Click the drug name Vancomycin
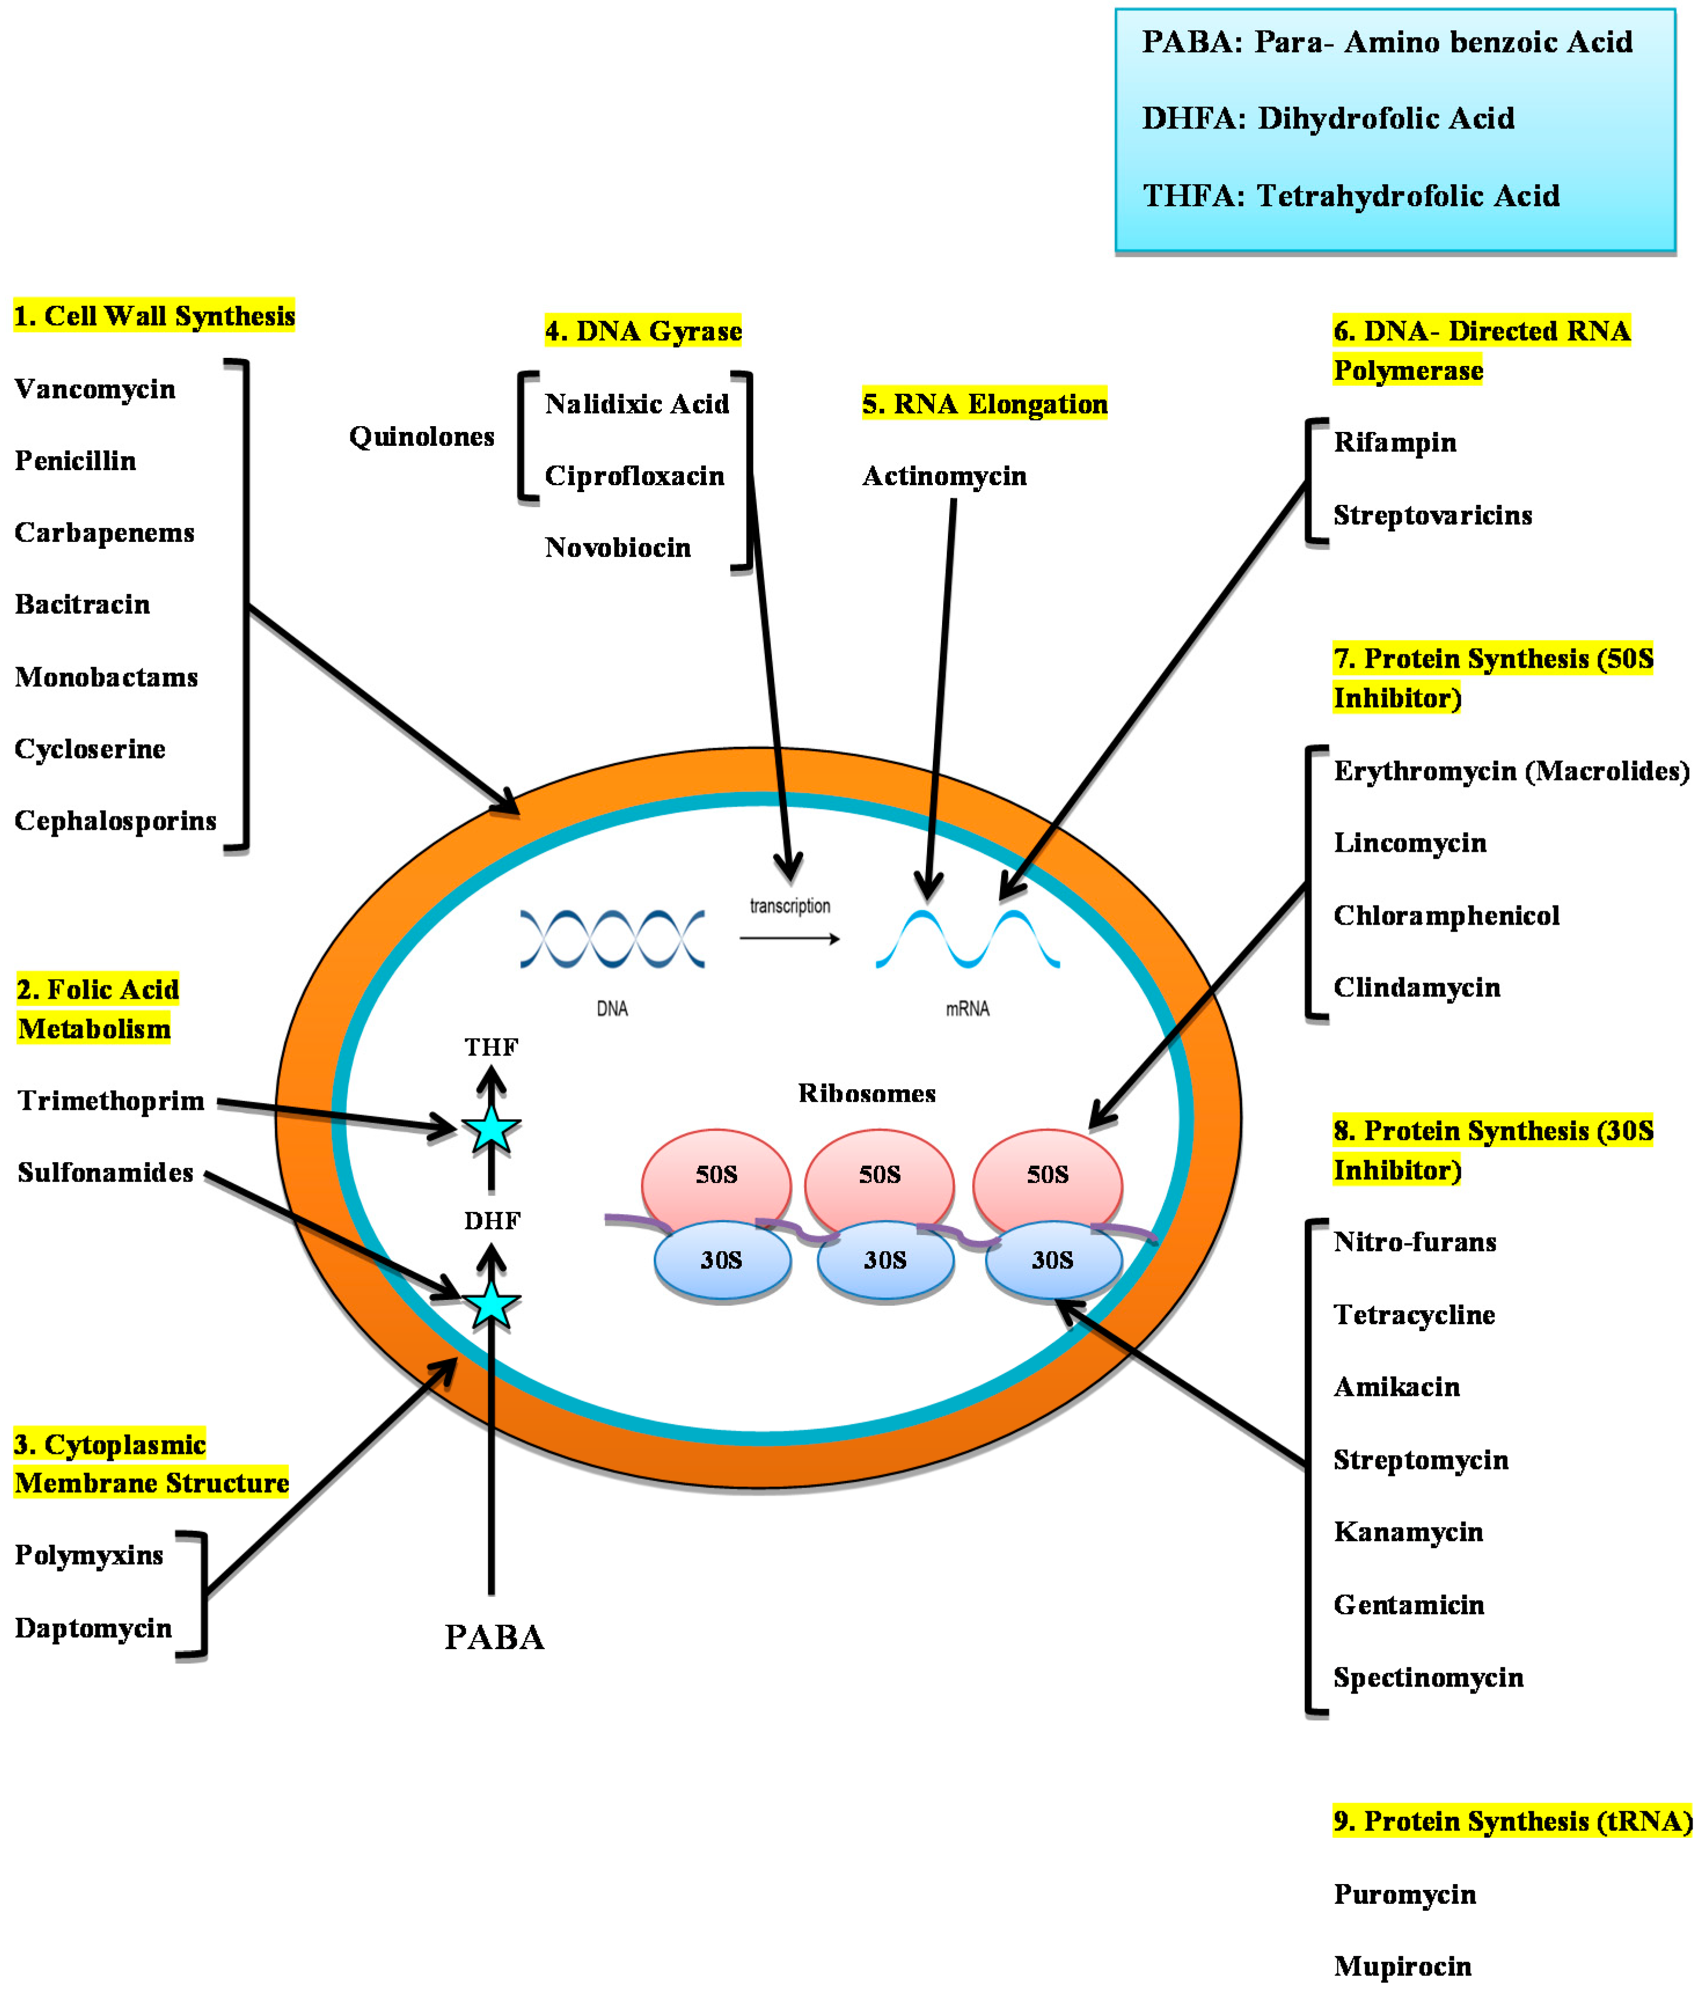click(x=94, y=389)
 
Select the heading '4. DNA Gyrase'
click(x=643, y=332)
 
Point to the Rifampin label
click(x=1394, y=442)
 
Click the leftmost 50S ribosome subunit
click(x=716, y=1174)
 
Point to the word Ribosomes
click(x=866, y=1093)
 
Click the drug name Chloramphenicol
click(x=1446, y=915)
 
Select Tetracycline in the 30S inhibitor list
click(x=1414, y=1314)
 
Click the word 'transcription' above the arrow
click(x=789, y=906)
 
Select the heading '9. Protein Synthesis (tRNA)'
click(x=1512, y=1822)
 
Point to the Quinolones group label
click(x=421, y=437)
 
